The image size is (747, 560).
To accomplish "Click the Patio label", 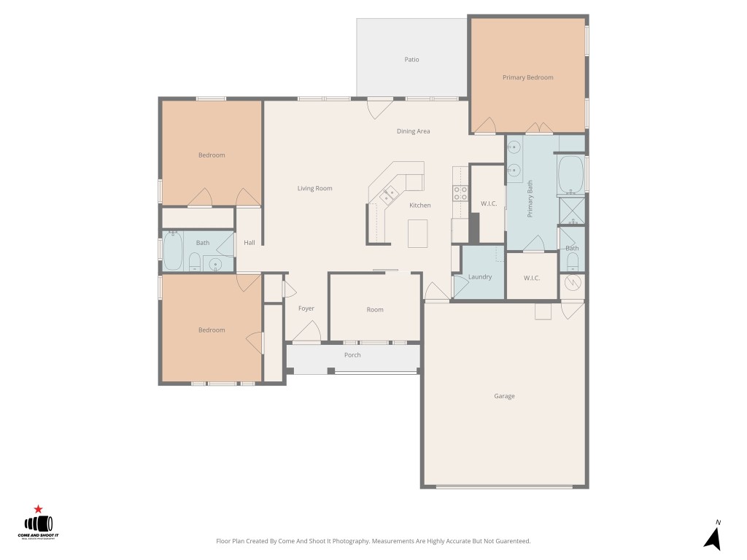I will (x=412, y=60).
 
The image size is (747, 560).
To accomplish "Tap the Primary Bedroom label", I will (x=527, y=77).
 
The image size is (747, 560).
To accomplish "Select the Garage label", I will (x=504, y=396).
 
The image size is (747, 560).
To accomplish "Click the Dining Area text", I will (x=413, y=131).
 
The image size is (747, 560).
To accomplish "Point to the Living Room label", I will (x=314, y=188).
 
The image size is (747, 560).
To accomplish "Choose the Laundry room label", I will (x=479, y=277).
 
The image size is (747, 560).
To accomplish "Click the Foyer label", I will (x=306, y=308).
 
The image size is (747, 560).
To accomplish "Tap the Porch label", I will (x=352, y=355).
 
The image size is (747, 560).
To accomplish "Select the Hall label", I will (x=249, y=243).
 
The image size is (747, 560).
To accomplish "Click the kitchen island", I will (x=418, y=233).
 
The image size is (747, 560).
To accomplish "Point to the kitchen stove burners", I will (x=460, y=193).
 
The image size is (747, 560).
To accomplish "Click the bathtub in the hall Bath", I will (x=173, y=252).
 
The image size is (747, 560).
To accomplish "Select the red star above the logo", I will (x=38, y=509).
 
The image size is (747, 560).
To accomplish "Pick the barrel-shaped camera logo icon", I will (x=39, y=524).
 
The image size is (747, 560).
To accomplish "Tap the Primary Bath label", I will (x=530, y=198).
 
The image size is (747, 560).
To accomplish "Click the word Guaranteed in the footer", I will (x=513, y=542).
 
